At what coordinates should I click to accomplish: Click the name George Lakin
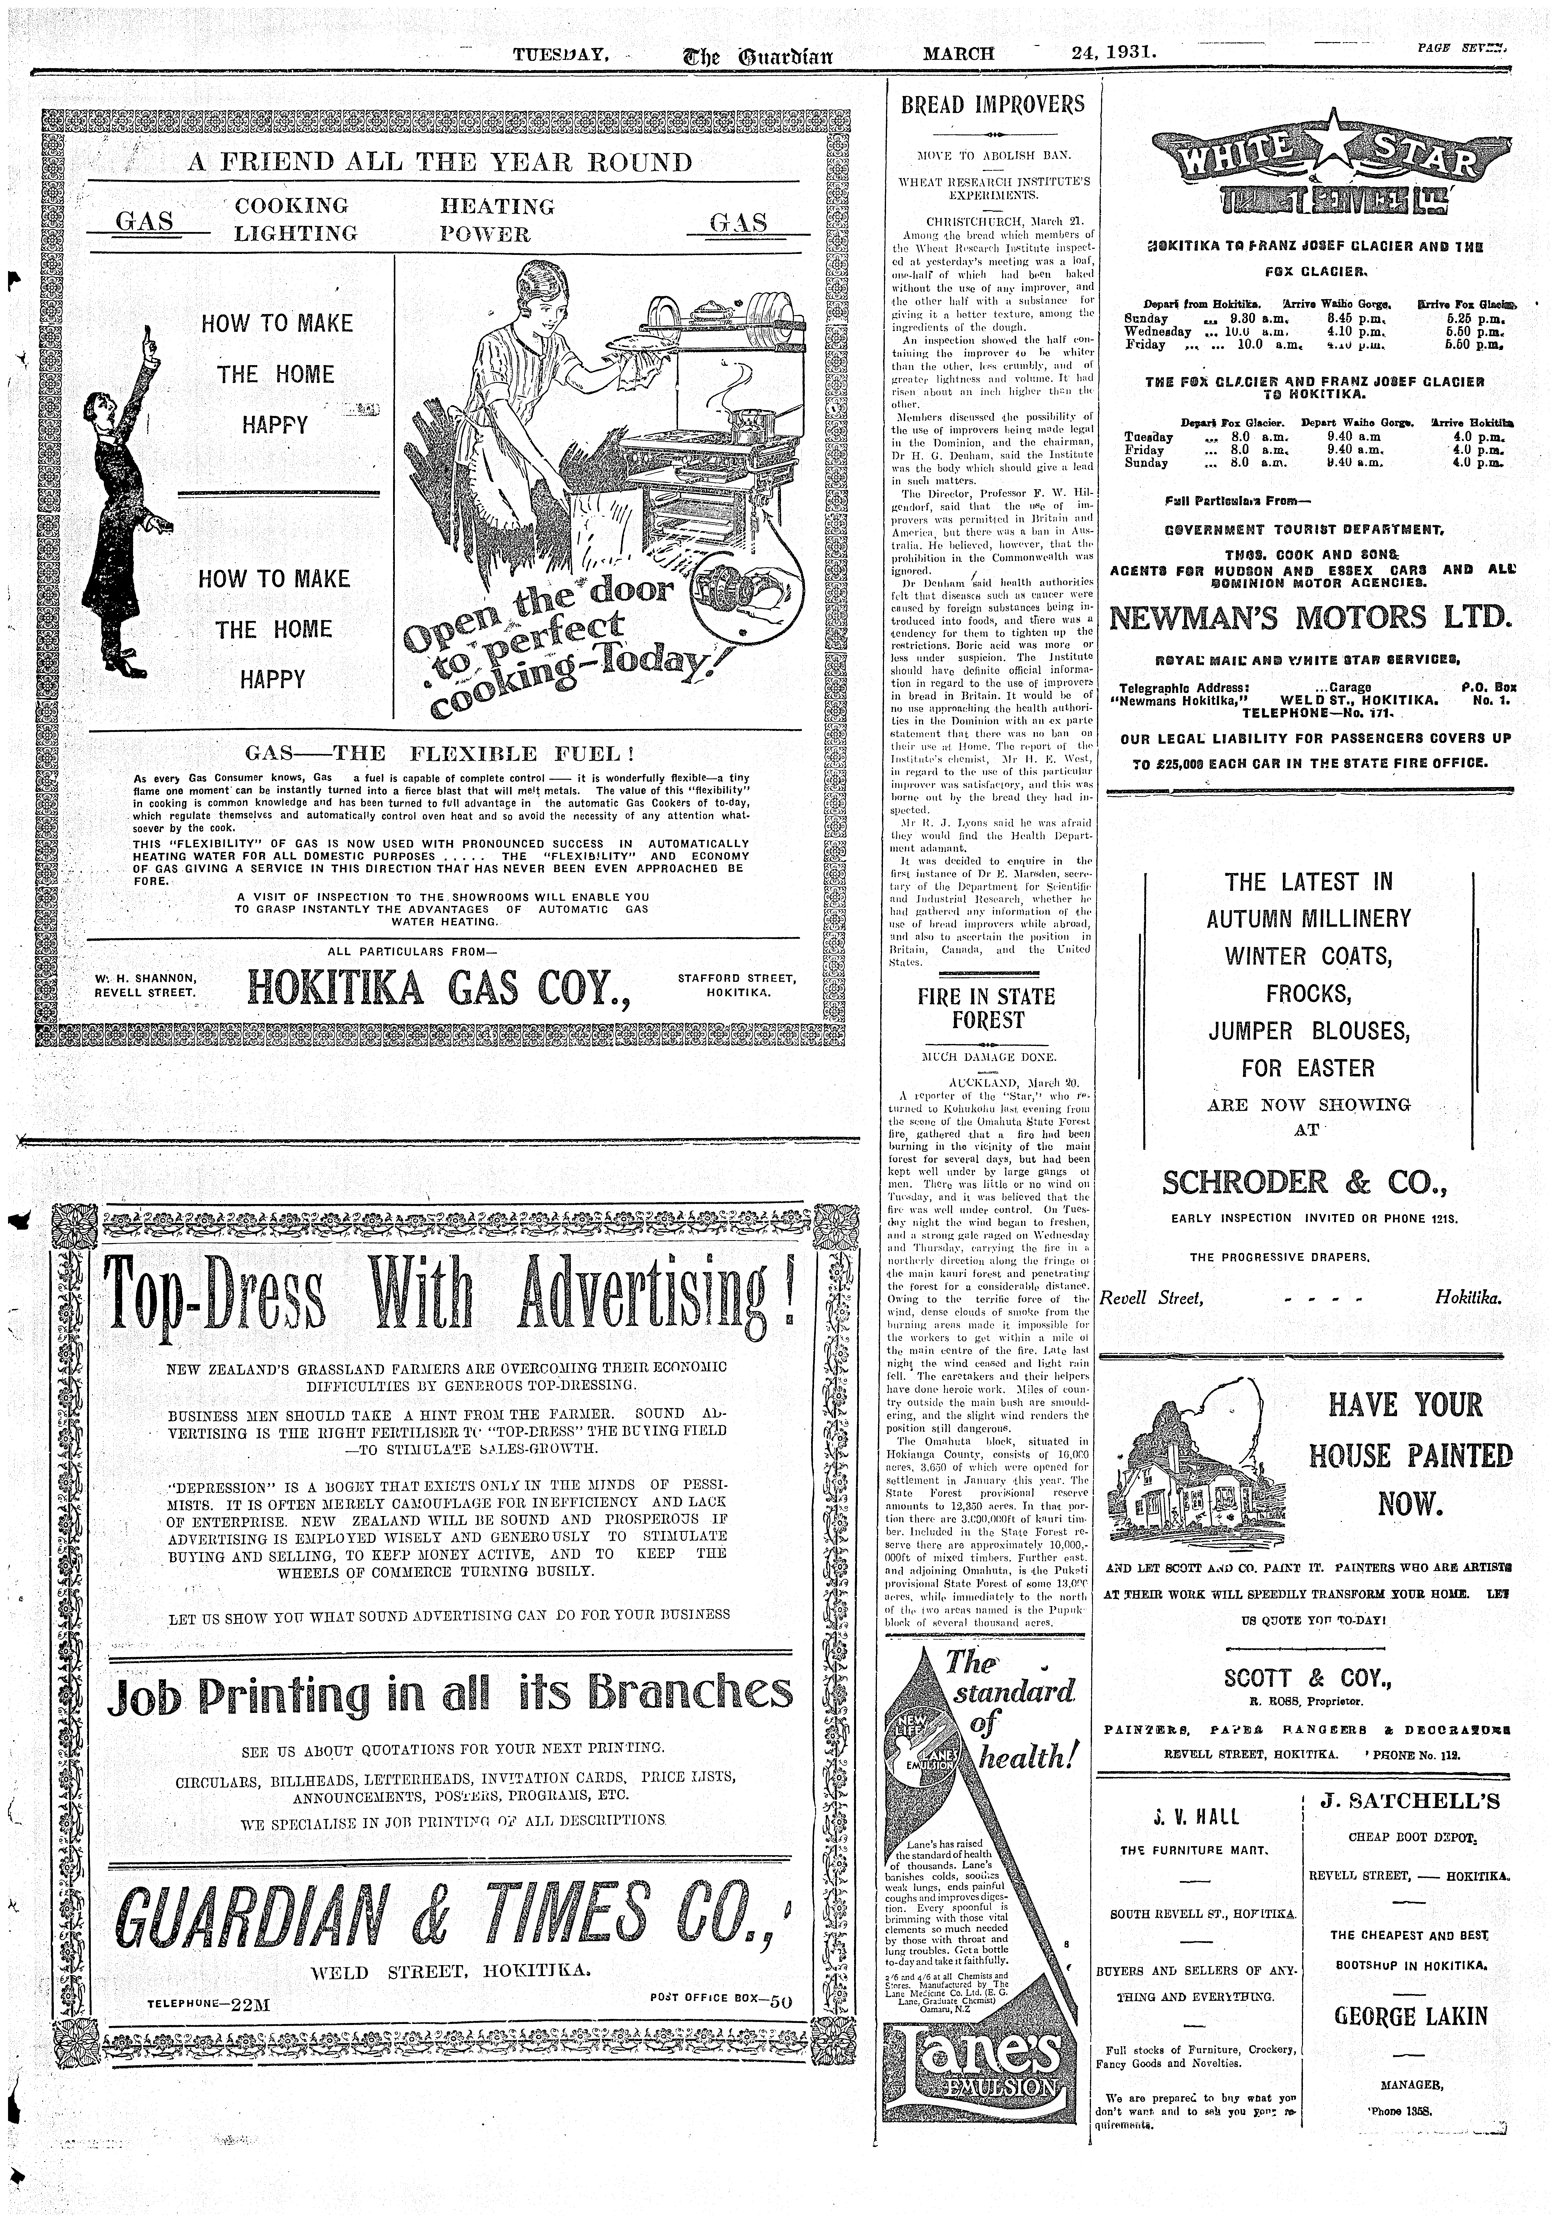pos(1410,2017)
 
